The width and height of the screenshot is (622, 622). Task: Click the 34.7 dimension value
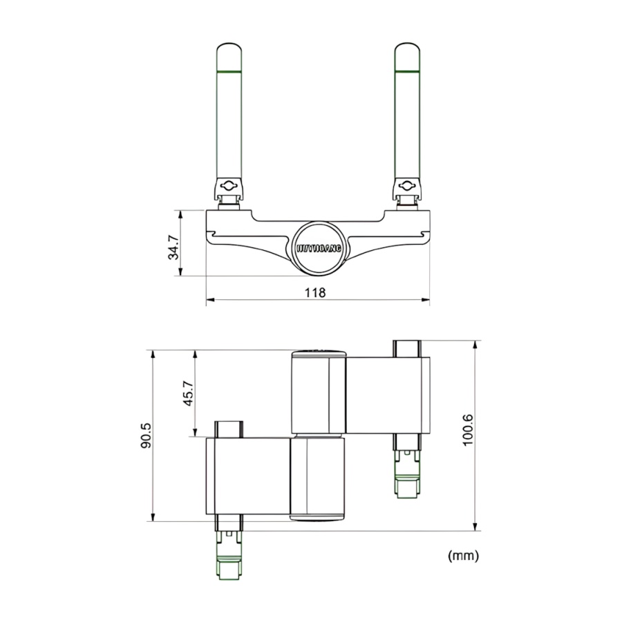[x=174, y=247]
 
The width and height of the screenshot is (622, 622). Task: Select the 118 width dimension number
[x=315, y=292]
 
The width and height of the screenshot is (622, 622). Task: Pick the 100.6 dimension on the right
[x=468, y=430]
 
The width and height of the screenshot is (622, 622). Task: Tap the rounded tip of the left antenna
[x=229, y=55]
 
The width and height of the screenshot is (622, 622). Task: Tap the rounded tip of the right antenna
[x=408, y=55]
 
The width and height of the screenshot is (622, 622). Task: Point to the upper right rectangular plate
[x=388, y=395]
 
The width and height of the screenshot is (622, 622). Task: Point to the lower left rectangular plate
[x=247, y=476]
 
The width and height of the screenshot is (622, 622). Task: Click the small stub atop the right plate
[x=407, y=348]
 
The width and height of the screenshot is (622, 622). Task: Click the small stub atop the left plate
[x=229, y=428]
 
